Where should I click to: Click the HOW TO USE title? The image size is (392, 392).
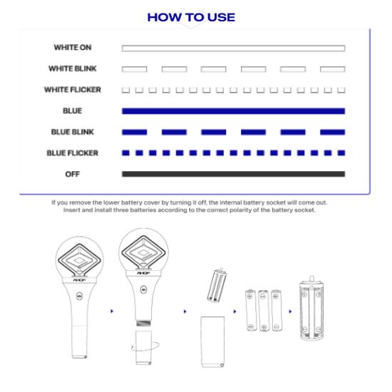click(190, 16)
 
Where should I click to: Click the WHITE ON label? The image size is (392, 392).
click(73, 48)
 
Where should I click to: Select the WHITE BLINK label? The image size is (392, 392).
click(73, 68)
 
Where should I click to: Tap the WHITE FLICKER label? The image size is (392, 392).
click(73, 90)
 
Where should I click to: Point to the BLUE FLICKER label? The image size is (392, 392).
click(73, 153)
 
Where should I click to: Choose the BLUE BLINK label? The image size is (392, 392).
click(73, 132)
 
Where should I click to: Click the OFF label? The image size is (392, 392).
click(73, 174)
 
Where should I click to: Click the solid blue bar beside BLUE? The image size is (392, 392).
click(233, 111)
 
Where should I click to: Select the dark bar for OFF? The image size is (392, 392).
click(233, 174)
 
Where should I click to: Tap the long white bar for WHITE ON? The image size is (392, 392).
click(233, 48)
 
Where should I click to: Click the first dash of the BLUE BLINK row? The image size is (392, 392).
click(134, 132)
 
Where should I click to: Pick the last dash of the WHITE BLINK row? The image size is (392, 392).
click(332, 69)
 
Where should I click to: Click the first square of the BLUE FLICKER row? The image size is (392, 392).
click(125, 153)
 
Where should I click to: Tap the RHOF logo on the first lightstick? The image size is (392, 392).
click(81, 279)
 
